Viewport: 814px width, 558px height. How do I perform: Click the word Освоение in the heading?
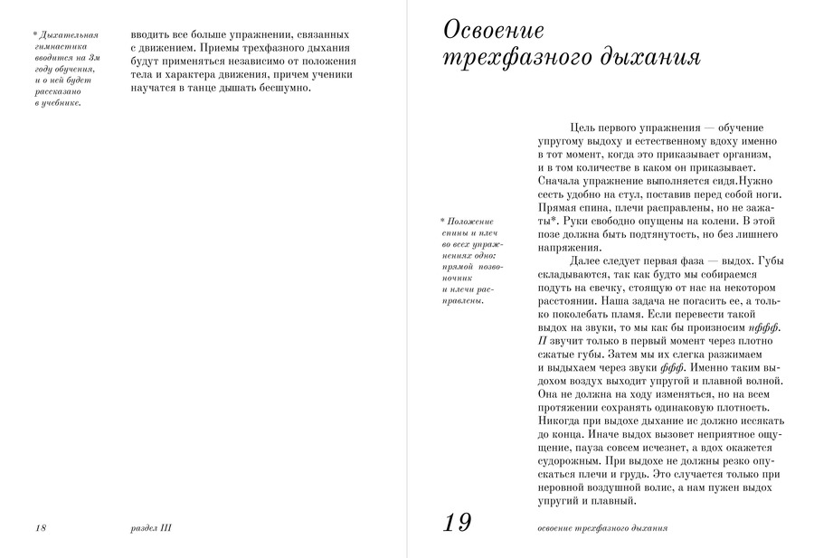(494, 30)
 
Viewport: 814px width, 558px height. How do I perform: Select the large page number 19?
(459, 523)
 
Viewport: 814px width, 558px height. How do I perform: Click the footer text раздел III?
(151, 527)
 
